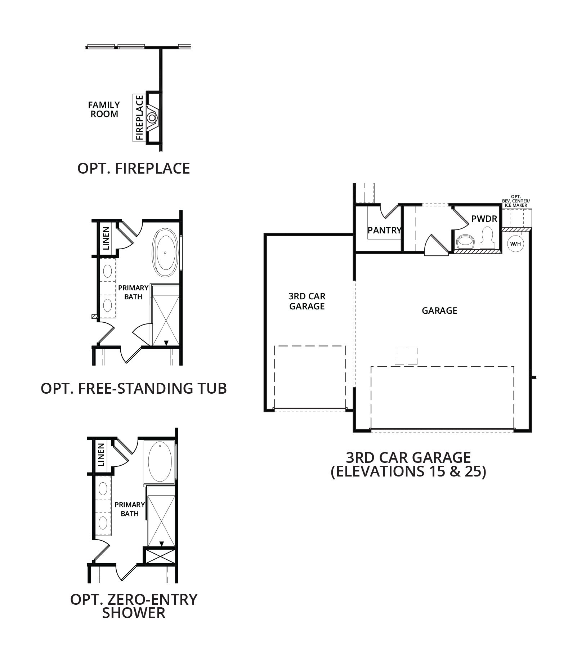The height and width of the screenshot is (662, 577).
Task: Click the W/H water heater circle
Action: click(x=515, y=244)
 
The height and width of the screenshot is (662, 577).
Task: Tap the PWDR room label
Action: click(x=484, y=219)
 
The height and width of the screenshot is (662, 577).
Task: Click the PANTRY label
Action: click(x=384, y=230)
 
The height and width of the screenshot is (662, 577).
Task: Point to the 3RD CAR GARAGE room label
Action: click(x=307, y=301)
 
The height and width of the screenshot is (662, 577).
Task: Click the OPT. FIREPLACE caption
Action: click(x=134, y=168)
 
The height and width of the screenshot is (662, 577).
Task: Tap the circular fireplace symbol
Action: click(x=152, y=117)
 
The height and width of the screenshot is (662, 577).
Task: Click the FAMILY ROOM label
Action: click(x=104, y=109)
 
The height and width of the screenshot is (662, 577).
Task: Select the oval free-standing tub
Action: click(x=165, y=253)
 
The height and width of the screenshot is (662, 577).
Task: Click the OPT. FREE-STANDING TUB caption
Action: click(x=134, y=388)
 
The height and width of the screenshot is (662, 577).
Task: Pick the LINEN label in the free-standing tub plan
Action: click(x=106, y=238)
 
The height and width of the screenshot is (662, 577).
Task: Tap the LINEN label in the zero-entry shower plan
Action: click(x=101, y=455)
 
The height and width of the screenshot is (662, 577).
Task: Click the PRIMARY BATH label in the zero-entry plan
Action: click(x=130, y=509)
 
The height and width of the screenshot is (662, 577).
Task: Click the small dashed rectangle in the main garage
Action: click(x=406, y=356)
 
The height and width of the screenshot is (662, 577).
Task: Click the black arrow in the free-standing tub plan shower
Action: click(x=166, y=343)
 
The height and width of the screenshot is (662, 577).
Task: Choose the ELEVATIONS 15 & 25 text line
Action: click(x=408, y=472)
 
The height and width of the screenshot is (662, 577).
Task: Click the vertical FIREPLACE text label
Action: click(x=140, y=117)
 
